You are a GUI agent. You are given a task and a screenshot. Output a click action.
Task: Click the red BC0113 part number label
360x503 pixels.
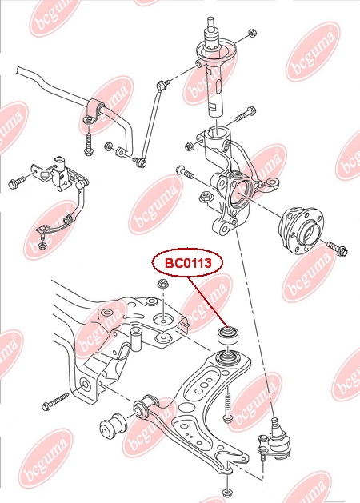tap(188, 263)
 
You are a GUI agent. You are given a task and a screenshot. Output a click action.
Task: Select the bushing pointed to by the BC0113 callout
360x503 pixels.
tap(228, 335)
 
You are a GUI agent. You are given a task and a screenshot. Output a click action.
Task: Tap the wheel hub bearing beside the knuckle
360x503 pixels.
tap(301, 230)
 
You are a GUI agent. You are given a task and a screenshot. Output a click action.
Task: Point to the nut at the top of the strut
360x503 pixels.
tap(252, 33)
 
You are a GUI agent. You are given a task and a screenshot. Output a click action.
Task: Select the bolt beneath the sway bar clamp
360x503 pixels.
tap(88, 142)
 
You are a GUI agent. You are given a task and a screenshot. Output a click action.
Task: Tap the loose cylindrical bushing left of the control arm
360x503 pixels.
tap(114, 426)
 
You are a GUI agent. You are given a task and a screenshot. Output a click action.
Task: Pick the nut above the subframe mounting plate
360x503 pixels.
tap(163, 283)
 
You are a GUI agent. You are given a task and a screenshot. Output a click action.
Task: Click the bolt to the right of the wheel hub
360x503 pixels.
tap(337, 248)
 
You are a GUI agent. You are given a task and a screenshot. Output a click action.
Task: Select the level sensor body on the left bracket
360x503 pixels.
tap(61, 174)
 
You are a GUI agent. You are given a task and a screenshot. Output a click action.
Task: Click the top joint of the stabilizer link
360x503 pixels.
tap(162, 86)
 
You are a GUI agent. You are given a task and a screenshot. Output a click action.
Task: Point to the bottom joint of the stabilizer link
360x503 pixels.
tap(141, 162)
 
